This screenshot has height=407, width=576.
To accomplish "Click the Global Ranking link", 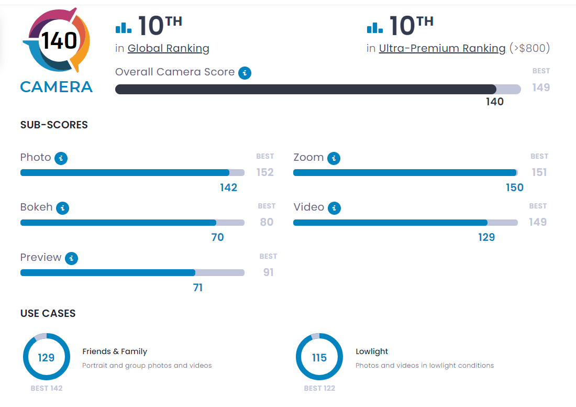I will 168,49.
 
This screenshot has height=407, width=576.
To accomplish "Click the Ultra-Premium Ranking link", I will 442,49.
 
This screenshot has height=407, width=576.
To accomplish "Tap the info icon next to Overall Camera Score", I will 245,73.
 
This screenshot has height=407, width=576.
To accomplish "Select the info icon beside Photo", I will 61,158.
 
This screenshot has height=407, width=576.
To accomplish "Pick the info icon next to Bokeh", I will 63,208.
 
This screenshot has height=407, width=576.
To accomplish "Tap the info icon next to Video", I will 334,208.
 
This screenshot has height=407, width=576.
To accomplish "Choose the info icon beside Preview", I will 72,258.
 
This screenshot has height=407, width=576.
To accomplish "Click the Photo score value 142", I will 229,188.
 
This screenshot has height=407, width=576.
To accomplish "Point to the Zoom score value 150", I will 515,188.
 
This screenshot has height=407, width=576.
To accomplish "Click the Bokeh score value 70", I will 217,237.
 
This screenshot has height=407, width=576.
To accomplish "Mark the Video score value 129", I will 486,237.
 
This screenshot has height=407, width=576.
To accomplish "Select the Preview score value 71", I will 198,288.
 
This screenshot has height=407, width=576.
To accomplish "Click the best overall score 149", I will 541,87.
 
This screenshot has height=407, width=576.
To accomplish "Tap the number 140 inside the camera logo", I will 59,40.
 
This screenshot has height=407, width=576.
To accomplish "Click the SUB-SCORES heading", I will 54,125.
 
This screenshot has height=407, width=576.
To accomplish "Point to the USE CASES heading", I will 48,313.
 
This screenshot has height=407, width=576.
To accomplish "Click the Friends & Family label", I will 115,351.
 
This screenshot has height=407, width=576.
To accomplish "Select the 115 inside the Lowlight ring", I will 319,358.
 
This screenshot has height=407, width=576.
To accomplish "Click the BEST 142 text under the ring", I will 47,388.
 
